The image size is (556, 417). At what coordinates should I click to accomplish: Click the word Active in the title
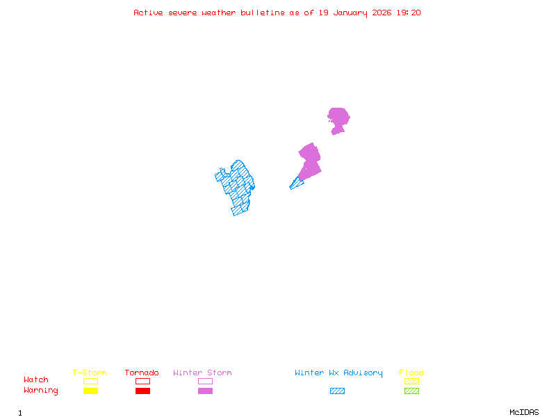click(x=148, y=13)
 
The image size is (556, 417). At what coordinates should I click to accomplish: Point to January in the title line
click(x=348, y=13)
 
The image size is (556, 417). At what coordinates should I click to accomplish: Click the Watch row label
click(x=36, y=380)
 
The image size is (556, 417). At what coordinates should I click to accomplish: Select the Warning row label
click(x=41, y=391)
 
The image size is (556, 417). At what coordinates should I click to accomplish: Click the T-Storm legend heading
click(x=90, y=373)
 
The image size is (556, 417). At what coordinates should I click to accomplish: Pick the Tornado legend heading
click(x=142, y=373)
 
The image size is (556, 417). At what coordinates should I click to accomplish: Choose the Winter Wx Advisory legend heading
click(x=338, y=373)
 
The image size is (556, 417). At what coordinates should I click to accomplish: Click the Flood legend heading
click(x=411, y=373)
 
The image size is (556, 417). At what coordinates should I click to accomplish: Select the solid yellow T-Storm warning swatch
click(x=90, y=391)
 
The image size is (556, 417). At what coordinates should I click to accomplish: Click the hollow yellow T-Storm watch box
click(x=90, y=381)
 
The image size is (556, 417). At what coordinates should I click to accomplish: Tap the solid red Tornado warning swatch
click(x=142, y=391)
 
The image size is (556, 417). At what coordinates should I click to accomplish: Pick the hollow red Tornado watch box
click(x=142, y=381)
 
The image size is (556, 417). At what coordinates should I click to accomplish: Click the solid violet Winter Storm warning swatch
click(x=205, y=391)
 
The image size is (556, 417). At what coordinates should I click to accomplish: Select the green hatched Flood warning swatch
click(x=411, y=391)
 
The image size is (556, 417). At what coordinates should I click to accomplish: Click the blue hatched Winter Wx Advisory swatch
click(x=337, y=391)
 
